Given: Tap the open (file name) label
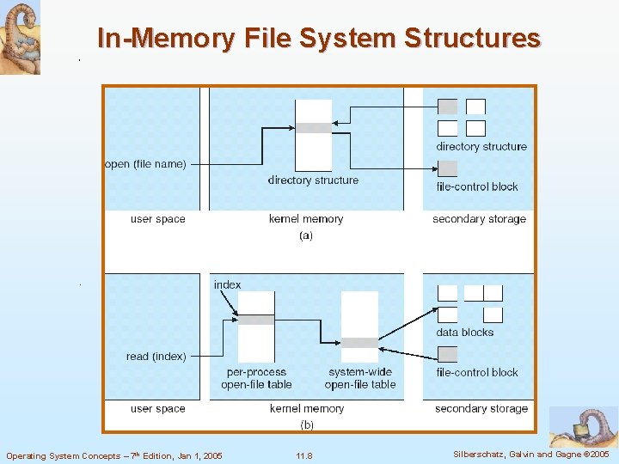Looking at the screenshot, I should tap(144, 164).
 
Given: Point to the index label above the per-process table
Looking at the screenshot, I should tap(227, 284).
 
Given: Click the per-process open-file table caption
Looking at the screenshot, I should tap(256, 378).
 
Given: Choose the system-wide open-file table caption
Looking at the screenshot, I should tap(360, 378).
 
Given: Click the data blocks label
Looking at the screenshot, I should tap(464, 333).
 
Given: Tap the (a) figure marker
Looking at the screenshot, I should tap(305, 235).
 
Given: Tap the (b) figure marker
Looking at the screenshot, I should tap(306, 424).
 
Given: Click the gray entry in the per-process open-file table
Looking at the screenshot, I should tap(256, 319).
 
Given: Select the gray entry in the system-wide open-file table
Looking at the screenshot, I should tap(359, 342).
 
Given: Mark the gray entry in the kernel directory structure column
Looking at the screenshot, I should tap(313, 128).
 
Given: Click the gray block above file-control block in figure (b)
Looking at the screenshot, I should tap(448, 353).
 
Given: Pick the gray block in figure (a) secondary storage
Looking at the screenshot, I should tap(448, 107).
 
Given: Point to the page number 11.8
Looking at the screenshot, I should tap(303, 455).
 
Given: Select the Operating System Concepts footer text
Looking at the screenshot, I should tap(113, 455).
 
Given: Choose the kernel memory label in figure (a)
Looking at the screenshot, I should tap(305, 219).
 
